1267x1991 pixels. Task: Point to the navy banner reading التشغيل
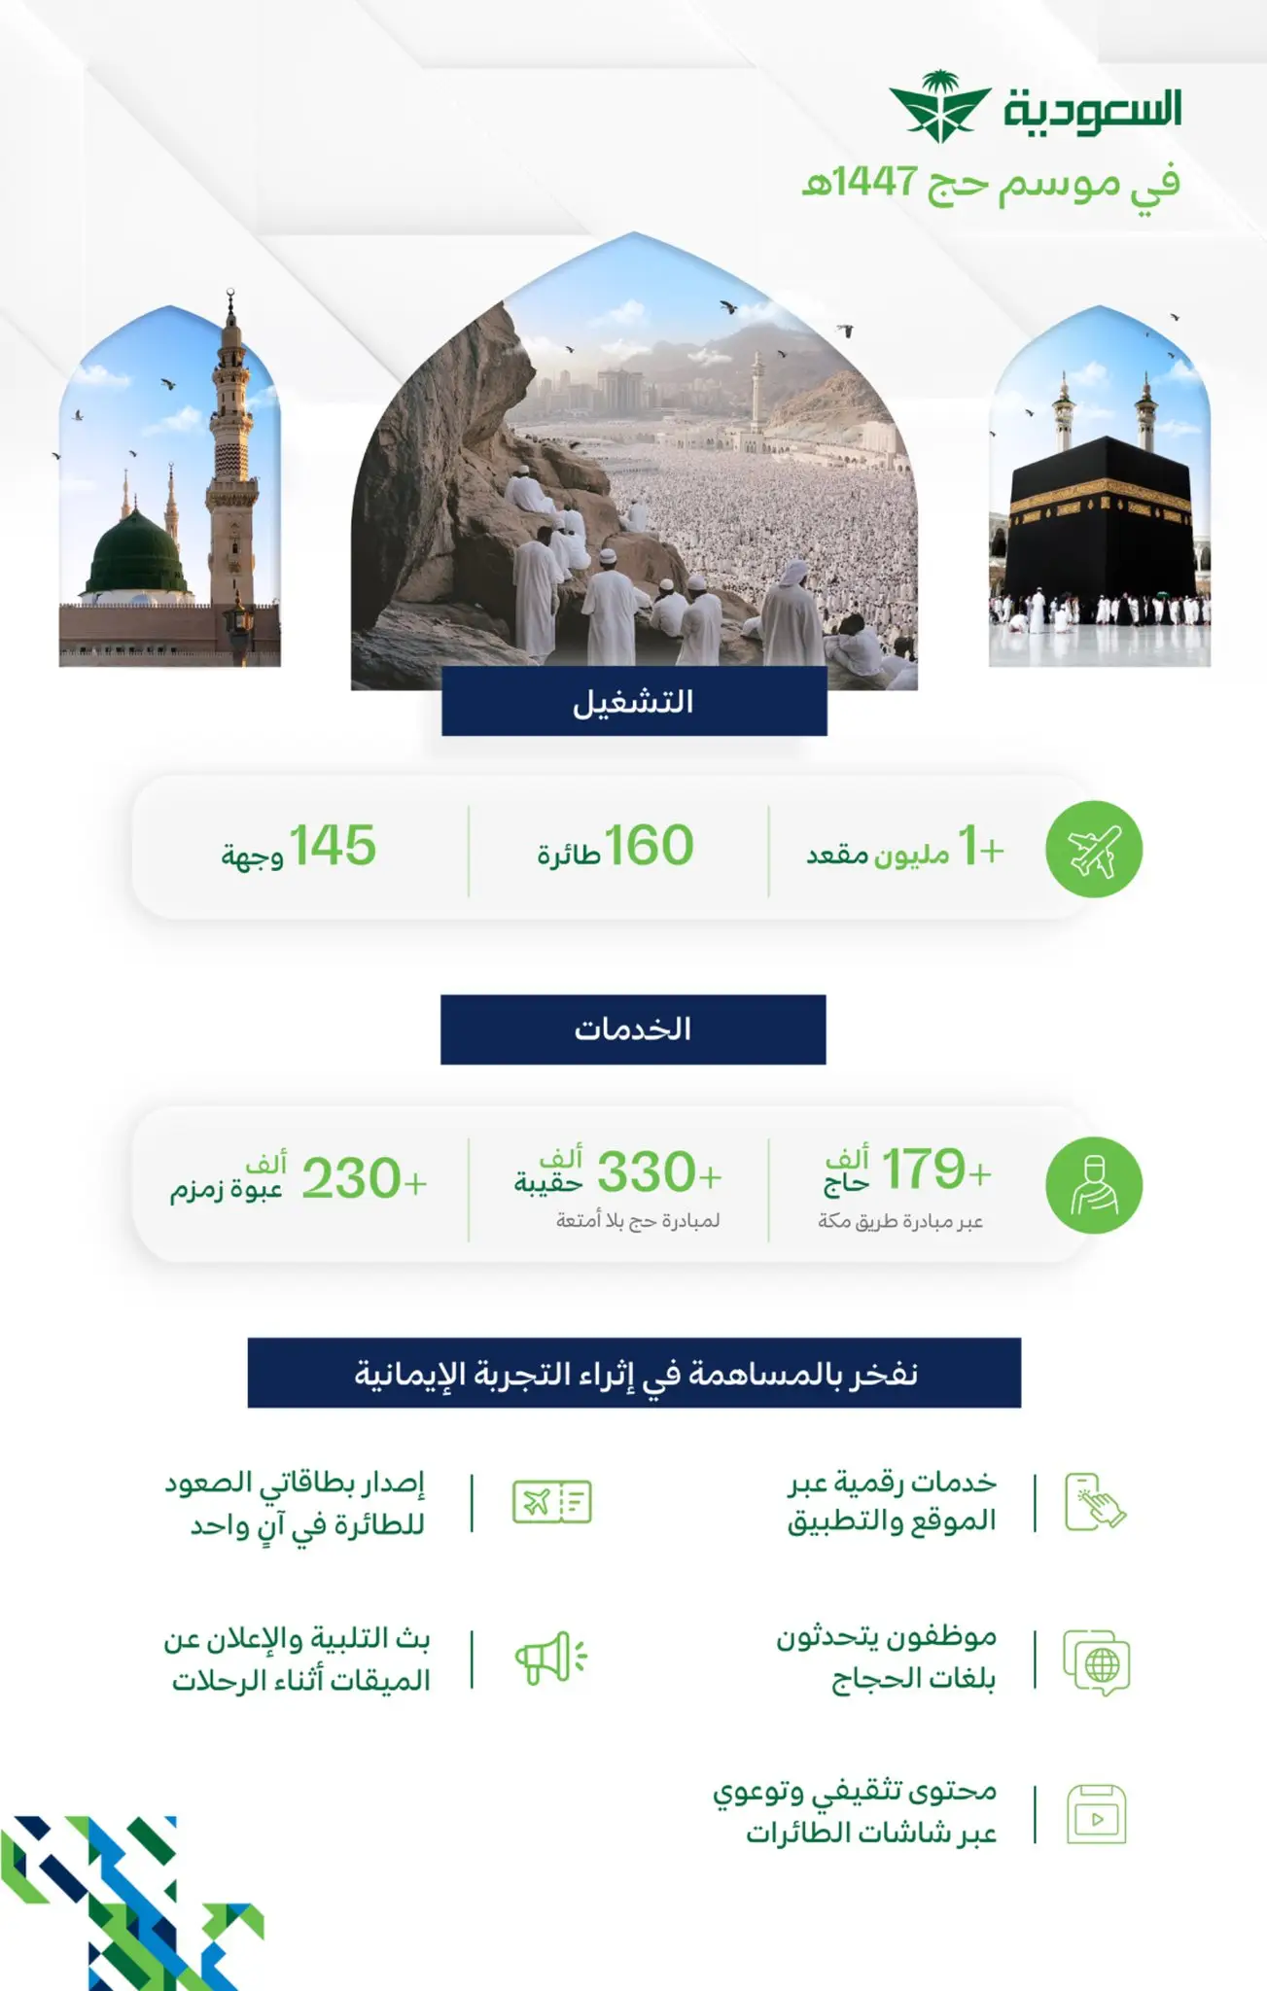[x=634, y=701]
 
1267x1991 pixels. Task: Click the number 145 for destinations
[x=333, y=846]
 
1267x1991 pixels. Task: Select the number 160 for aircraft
[x=649, y=846]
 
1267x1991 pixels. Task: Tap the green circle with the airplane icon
[x=1094, y=849]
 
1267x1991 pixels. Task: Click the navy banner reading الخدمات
[x=633, y=1030]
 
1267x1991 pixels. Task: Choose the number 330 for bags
[x=646, y=1172]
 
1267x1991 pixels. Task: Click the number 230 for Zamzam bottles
[x=351, y=1178]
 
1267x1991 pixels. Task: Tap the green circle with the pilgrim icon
[x=1094, y=1185]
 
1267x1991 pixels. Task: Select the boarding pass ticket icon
[x=552, y=1502]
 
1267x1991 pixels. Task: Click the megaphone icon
[x=550, y=1659]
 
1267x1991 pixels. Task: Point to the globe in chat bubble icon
[x=1097, y=1662]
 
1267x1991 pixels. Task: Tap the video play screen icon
[x=1097, y=1815]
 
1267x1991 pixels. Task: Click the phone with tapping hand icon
[x=1095, y=1503]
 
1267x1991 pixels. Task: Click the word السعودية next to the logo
[x=1092, y=109]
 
